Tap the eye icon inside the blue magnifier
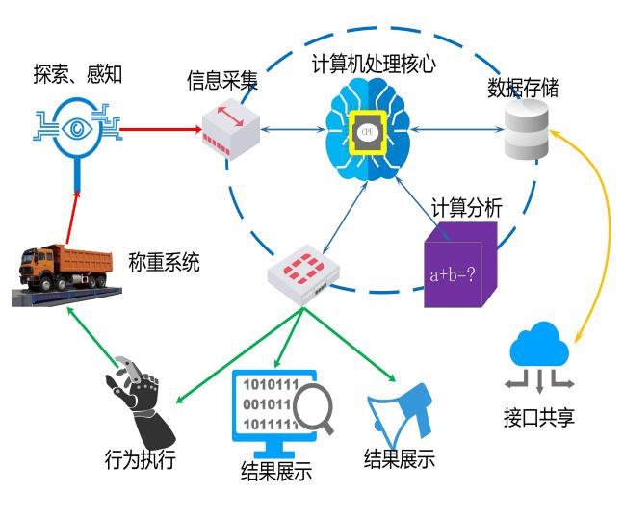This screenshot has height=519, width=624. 76,128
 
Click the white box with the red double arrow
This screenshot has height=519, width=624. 231,129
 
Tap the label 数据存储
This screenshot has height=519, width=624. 523,89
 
